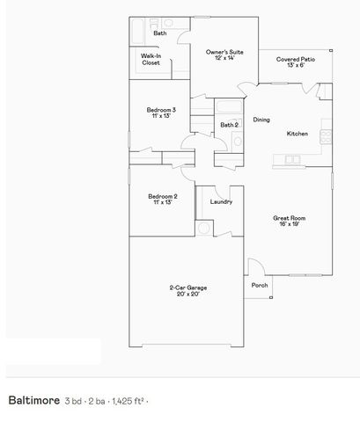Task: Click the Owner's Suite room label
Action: (224, 55)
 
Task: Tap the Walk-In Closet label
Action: (151, 60)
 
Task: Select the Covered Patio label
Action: (290, 62)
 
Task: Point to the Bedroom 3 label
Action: (161, 113)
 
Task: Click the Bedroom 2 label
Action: (163, 199)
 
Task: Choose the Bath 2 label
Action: (229, 126)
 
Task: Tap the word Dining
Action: (261, 120)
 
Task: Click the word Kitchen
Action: (297, 134)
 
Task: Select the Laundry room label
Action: (221, 201)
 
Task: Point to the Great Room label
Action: (289, 220)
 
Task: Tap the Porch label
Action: (260, 285)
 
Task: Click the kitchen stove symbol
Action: (325, 136)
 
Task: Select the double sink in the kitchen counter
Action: (291, 159)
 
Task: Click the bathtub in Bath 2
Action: (227, 109)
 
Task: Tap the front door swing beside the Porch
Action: (254, 266)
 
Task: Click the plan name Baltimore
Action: (33, 400)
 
